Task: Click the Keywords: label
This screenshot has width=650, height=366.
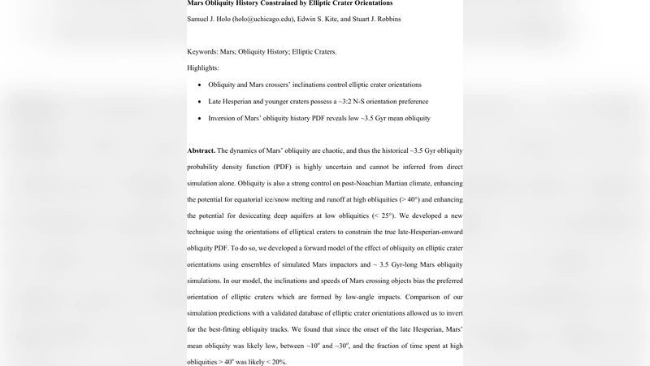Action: [x=208, y=51]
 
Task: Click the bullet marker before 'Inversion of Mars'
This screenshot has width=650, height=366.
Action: [x=200, y=119]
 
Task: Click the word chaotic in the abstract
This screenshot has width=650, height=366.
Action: [x=335, y=151]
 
